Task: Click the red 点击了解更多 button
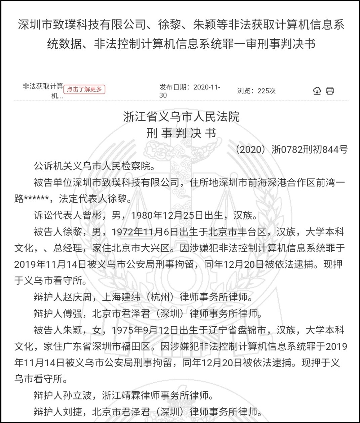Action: tap(84, 89)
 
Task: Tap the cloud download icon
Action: tap(317, 91)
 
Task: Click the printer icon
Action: tap(330, 91)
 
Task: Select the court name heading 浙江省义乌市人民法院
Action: tap(181, 117)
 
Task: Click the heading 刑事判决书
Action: tap(181, 133)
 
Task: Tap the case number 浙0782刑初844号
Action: tap(310, 149)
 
